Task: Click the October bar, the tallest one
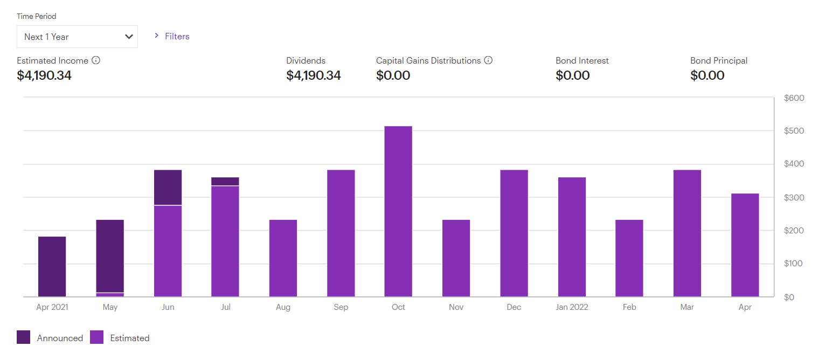point(398,211)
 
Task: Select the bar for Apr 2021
point(52,266)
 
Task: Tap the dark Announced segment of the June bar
point(168,188)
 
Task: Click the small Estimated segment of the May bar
point(110,295)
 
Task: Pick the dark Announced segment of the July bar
point(225,181)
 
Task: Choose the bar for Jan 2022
point(572,237)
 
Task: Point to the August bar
point(283,258)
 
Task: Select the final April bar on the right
point(745,245)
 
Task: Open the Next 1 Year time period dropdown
point(77,37)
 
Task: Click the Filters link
point(177,37)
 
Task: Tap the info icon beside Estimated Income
point(96,60)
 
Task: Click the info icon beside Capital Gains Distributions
point(488,60)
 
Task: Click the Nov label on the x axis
point(456,307)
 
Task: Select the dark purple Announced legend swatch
point(24,338)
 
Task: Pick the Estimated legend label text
point(130,338)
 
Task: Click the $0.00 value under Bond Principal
point(707,75)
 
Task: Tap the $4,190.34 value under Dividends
point(314,75)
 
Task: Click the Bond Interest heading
point(582,61)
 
